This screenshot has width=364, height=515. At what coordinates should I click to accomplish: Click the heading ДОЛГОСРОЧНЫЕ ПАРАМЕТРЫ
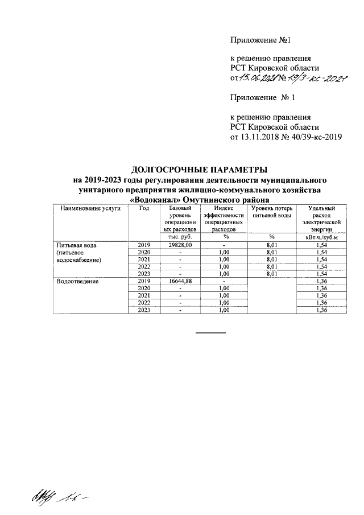pos(199,170)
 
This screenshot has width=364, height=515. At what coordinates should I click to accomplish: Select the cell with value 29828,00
pos(179,245)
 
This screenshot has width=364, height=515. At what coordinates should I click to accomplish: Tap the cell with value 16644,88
pos(179,281)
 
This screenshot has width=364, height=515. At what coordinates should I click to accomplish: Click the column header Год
pos(144,209)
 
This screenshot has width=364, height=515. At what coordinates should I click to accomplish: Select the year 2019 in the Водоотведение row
pos(144,281)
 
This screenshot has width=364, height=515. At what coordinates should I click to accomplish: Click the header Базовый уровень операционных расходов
pos(179,220)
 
